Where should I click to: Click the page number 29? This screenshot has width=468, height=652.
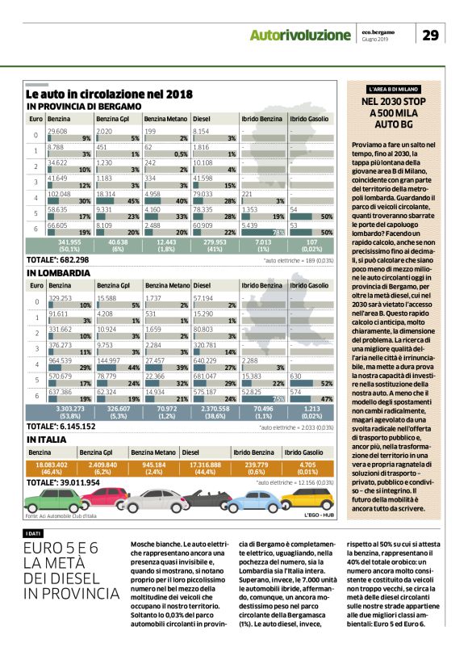point(431,35)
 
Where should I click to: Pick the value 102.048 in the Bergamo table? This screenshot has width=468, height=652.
point(60,194)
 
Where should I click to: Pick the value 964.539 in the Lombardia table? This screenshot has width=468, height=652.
point(60,360)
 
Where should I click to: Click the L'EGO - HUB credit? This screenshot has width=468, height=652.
point(318,515)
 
